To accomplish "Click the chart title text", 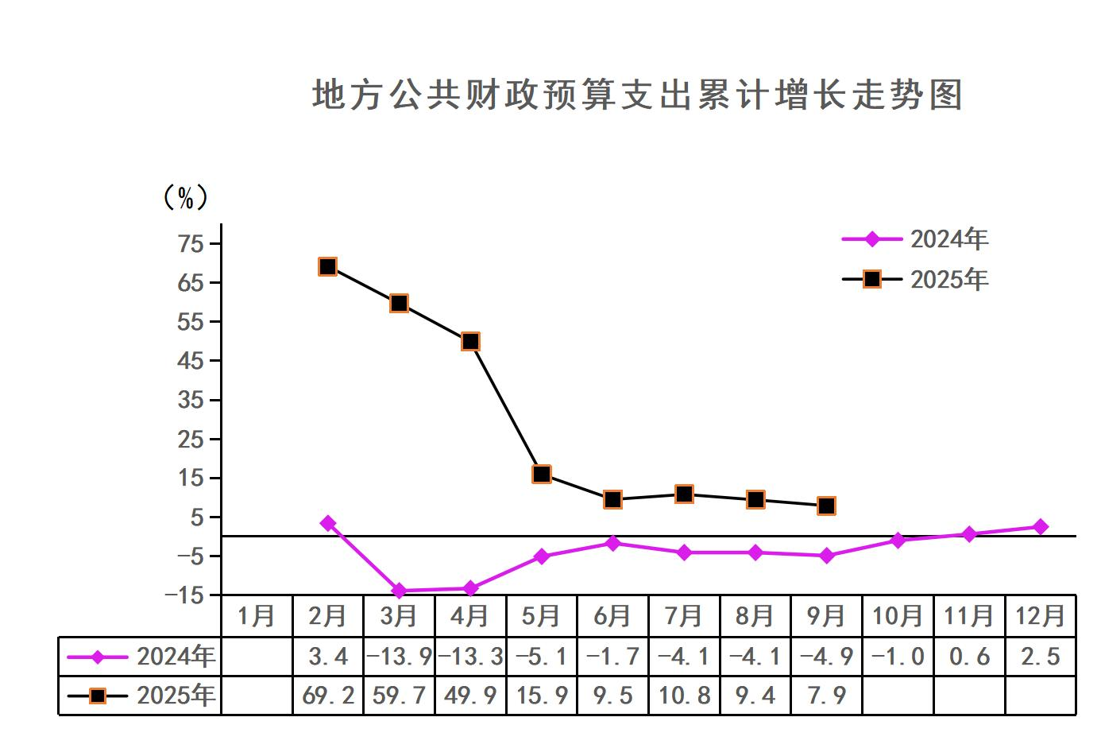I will point(637,95).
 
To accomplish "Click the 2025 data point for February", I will point(327,266).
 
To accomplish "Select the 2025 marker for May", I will point(542,474).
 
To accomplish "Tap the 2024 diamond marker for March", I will point(399,591).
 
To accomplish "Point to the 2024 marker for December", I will point(1041,527).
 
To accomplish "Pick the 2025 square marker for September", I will point(826,506).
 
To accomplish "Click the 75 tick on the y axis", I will point(191,243).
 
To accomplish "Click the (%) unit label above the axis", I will point(186,197).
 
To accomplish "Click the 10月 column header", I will point(898,616).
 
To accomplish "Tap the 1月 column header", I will point(257,616).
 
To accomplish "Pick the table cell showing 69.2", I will point(328,696).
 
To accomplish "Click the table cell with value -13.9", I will point(399,657).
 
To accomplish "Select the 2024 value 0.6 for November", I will point(969,657).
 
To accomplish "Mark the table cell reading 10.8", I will point(684,696).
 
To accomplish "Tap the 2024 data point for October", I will point(898,541).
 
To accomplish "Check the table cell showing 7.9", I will point(826,696).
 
